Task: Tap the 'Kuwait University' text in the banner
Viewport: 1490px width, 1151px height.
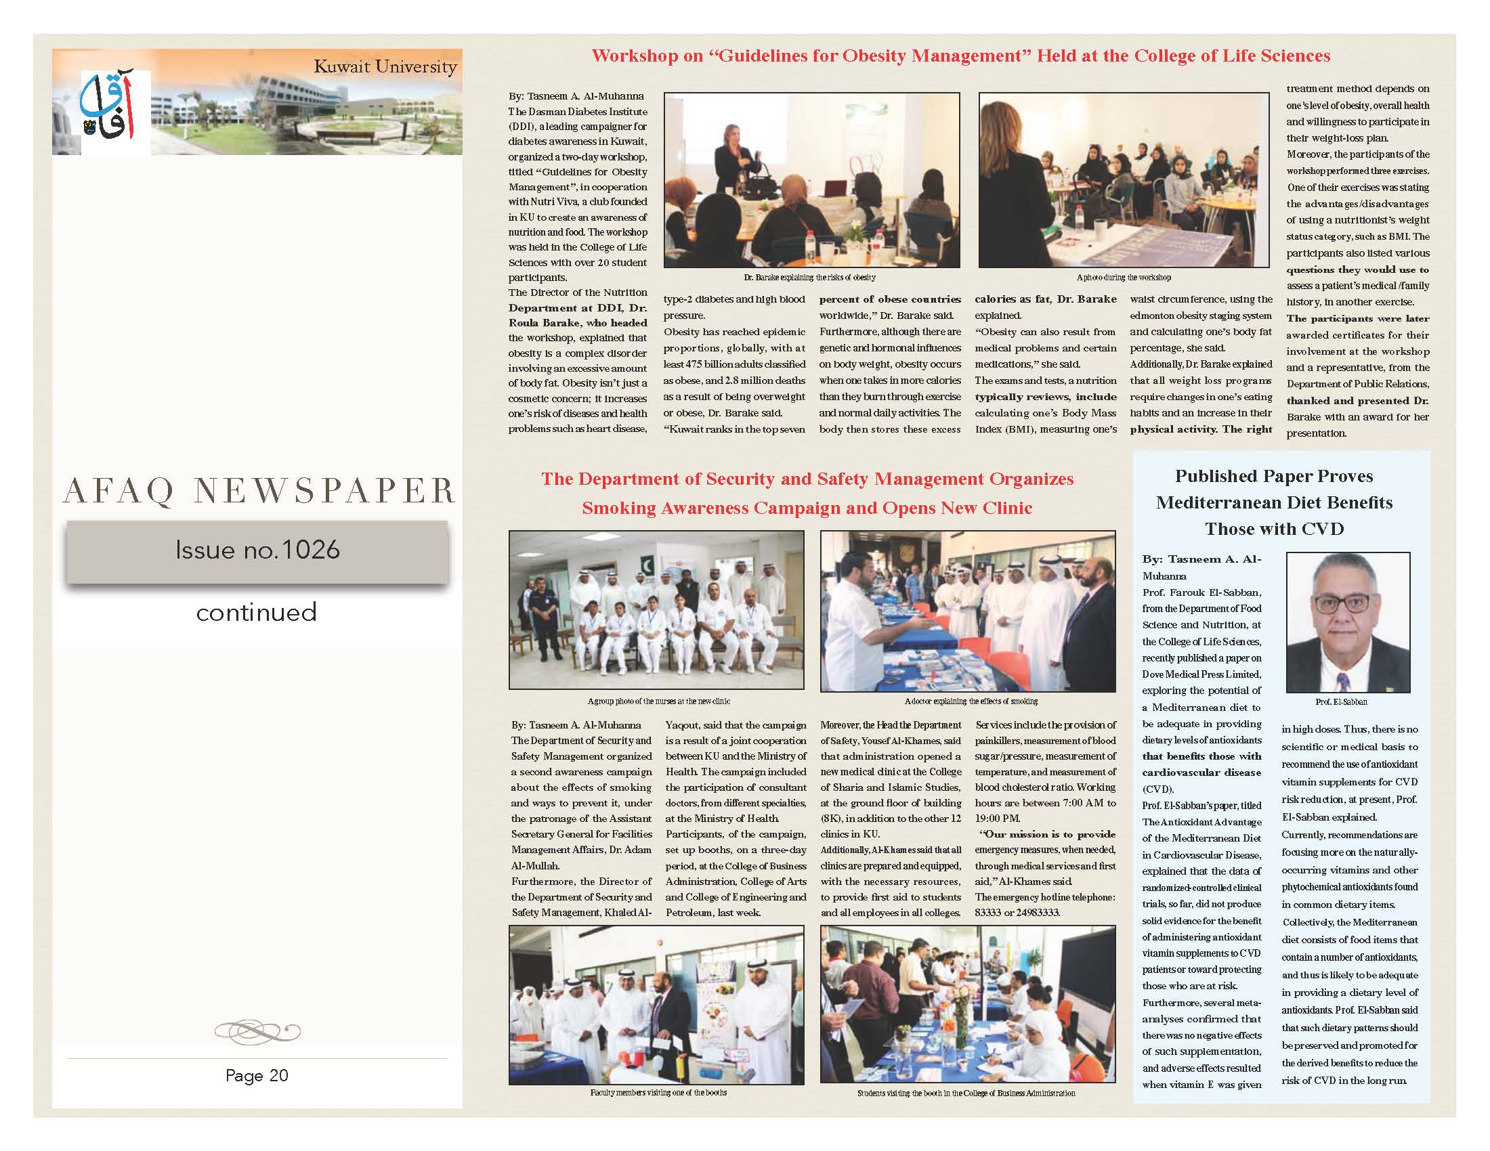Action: pyautogui.click(x=385, y=67)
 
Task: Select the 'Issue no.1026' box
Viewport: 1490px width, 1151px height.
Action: pyautogui.click(x=257, y=550)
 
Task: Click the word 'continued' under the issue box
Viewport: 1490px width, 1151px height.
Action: pyautogui.click(x=257, y=612)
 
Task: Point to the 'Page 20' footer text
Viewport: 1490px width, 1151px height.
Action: pyautogui.click(x=257, y=1075)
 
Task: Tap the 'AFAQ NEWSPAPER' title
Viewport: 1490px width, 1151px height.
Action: pyautogui.click(x=259, y=491)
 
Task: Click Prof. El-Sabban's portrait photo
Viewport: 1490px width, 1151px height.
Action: pyautogui.click(x=1347, y=622)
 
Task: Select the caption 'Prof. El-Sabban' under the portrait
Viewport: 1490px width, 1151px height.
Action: pyautogui.click(x=1341, y=701)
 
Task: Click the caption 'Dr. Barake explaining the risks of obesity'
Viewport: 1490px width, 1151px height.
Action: pyautogui.click(x=809, y=278)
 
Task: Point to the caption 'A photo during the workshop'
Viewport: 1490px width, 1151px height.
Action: pyautogui.click(x=1123, y=278)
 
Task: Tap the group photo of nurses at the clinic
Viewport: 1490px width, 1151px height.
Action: pyautogui.click(x=656, y=609)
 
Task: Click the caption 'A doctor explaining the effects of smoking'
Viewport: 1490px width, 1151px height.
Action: pyautogui.click(x=971, y=701)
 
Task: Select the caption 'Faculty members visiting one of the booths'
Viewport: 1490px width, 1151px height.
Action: pyautogui.click(x=658, y=1092)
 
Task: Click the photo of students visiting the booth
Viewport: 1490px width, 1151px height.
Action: pyautogui.click(x=967, y=1003)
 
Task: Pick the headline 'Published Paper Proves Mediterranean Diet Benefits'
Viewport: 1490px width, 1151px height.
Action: pyautogui.click(x=1274, y=490)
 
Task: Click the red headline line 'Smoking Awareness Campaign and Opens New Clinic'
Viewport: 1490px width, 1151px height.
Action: pyautogui.click(x=807, y=508)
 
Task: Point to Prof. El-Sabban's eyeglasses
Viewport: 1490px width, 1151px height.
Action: pyautogui.click(x=1342, y=603)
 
